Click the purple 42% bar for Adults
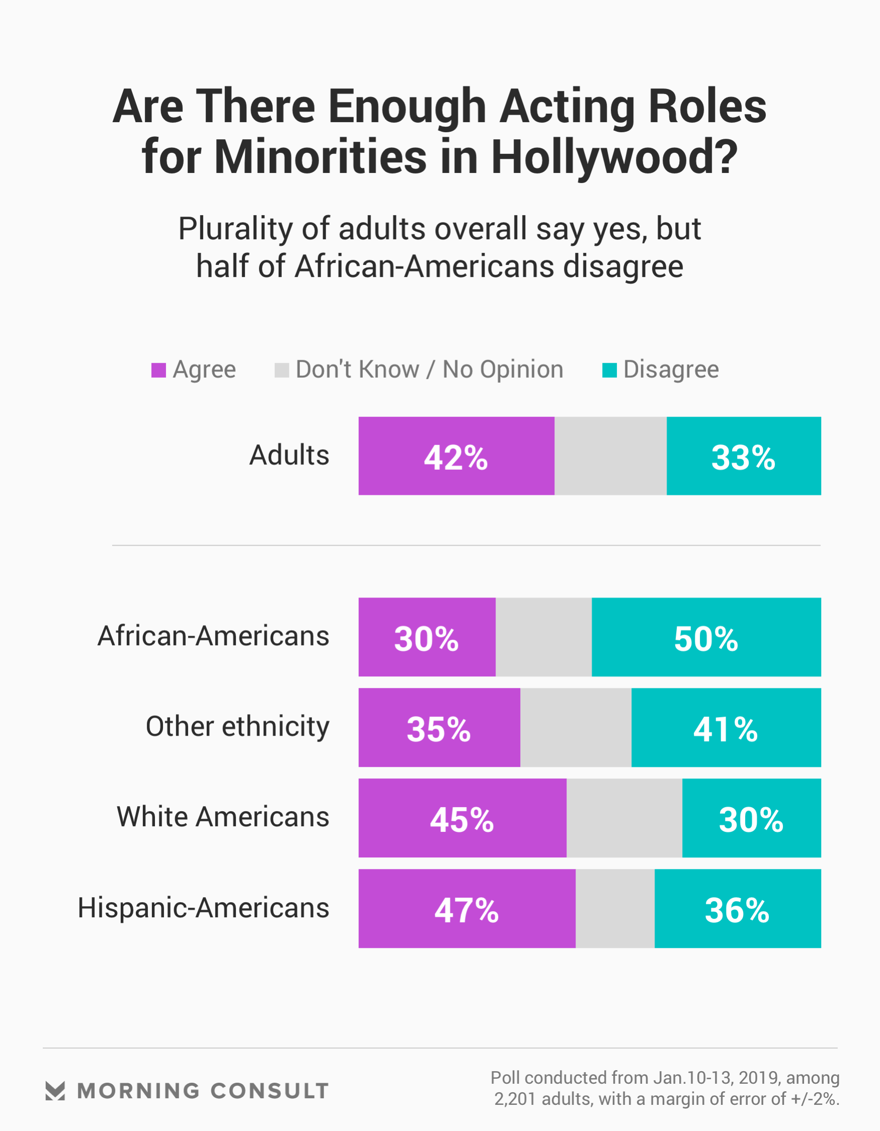pos(456,456)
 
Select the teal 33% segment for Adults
pos(743,456)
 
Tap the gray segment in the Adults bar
pos(610,456)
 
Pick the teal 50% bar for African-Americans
pos(706,637)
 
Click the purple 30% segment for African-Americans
pos(427,637)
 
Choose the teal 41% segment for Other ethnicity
pos(726,728)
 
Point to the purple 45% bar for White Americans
pos(462,818)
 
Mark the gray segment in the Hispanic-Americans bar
pos(615,909)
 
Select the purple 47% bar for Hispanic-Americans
pos(466,909)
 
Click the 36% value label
pos(737,910)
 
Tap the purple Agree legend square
pos(158,370)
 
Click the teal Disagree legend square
pos(609,370)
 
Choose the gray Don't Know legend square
pos(281,370)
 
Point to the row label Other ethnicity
pos(237,727)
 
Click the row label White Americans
pos(223,817)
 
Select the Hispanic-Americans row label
pos(203,908)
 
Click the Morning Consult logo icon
pos(55,1091)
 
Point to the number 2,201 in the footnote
pos(514,1099)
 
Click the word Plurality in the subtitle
pos(236,228)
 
